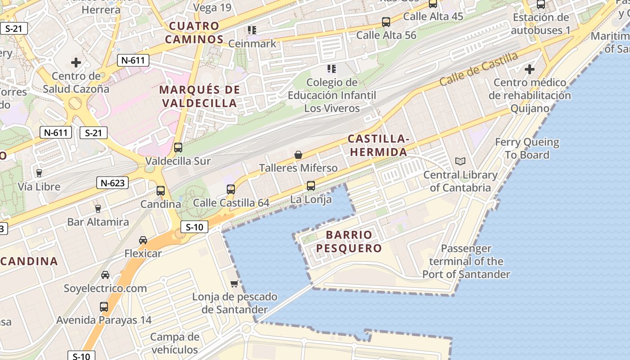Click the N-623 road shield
(112, 183)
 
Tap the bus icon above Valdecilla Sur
(178, 148)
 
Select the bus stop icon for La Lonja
(310, 185)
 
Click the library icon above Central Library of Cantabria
(460, 161)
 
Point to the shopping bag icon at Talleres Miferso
(298, 155)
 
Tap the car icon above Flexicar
(143, 240)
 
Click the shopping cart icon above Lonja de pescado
(234, 283)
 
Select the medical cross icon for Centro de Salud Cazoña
(76, 63)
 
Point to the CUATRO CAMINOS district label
(194, 32)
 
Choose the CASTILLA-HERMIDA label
(378, 145)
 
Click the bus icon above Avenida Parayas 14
(104, 307)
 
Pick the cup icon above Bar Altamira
(98, 208)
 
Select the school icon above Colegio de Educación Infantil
(332, 69)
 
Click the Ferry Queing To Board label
(527, 148)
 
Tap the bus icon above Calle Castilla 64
(231, 189)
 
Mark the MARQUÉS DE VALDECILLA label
(200, 96)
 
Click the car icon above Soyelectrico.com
(105, 275)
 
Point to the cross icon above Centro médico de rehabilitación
(530, 69)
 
